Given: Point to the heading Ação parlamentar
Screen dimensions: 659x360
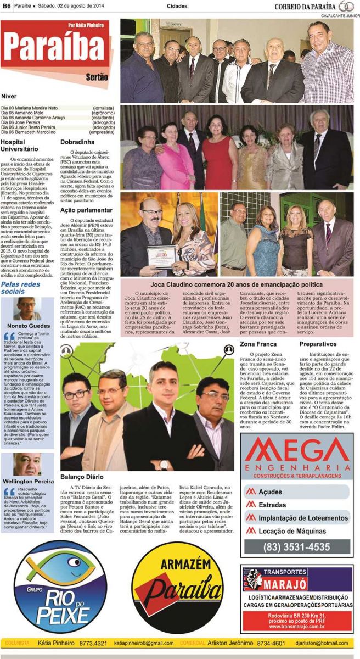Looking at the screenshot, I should tap(86, 210).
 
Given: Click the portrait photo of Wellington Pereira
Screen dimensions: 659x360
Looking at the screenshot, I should tap(27, 465).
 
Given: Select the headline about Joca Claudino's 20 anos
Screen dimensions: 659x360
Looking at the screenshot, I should tap(237, 285).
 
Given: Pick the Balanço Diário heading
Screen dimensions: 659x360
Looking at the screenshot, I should tap(82, 477).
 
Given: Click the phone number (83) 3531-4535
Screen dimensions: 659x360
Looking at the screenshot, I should tap(297, 546).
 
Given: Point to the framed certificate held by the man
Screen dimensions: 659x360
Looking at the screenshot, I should tap(164, 255).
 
